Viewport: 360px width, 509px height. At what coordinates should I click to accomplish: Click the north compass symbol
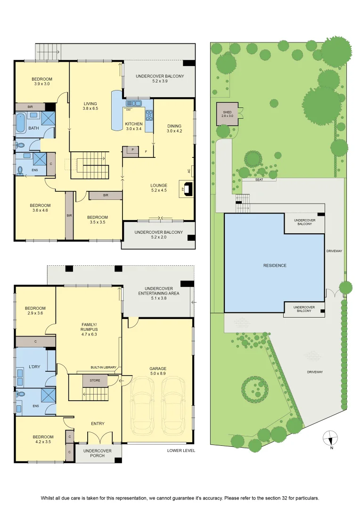point(330,438)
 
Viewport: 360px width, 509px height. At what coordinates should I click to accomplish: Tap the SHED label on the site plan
point(227,112)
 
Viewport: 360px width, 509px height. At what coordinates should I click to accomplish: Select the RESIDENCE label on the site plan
point(275,265)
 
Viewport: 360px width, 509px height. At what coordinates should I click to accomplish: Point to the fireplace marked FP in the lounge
point(187,189)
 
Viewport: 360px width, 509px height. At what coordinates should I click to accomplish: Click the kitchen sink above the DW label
point(134,104)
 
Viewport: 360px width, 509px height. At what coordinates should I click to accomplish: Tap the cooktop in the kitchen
point(149,115)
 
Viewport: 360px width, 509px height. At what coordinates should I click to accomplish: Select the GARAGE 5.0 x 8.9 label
point(158,371)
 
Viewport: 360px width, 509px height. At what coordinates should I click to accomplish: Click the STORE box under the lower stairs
point(95,380)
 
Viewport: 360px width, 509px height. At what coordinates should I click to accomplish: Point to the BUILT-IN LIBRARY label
point(103,368)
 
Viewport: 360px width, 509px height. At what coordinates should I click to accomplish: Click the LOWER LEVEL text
point(181,451)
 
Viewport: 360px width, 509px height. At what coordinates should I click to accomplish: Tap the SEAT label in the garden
point(259,180)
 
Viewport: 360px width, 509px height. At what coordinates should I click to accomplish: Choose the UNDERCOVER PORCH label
point(98,453)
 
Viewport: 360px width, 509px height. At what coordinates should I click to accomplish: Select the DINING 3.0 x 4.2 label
point(174,129)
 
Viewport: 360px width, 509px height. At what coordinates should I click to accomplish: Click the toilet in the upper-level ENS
point(20,171)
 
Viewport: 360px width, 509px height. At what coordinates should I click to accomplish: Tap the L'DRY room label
point(34,367)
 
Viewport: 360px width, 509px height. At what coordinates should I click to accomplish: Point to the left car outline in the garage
point(144,406)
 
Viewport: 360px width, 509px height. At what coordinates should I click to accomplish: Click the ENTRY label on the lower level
point(98,424)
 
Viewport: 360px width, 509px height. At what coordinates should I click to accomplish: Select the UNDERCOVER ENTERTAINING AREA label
point(159,293)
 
